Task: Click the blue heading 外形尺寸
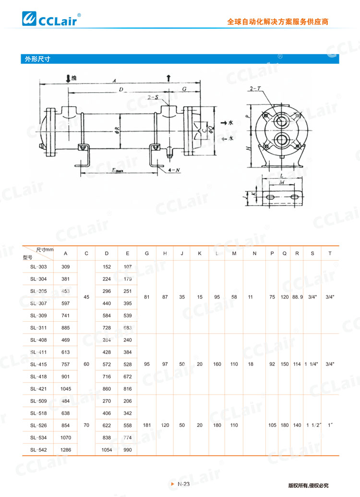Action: click(x=37, y=60)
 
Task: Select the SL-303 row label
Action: click(x=38, y=267)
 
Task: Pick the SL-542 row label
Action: click(x=38, y=450)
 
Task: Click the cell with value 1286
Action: click(x=66, y=450)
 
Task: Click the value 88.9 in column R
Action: click(x=298, y=297)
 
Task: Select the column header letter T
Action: click(x=329, y=253)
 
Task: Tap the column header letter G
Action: click(x=147, y=253)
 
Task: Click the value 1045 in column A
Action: click(x=66, y=388)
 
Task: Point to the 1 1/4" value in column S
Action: click(x=312, y=364)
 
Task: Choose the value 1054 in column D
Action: click(x=107, y=450)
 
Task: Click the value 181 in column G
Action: click(x=147, y=425)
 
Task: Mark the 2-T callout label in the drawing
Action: click(x=255, y=89)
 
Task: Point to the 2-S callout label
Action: click(x=153, y=97)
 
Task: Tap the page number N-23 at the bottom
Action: click(x=184, y=484)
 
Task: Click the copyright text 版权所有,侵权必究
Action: click(x=308, y=485)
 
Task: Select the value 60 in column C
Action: click(x=86, y=364)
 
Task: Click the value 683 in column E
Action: click(x=128, y=327)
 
